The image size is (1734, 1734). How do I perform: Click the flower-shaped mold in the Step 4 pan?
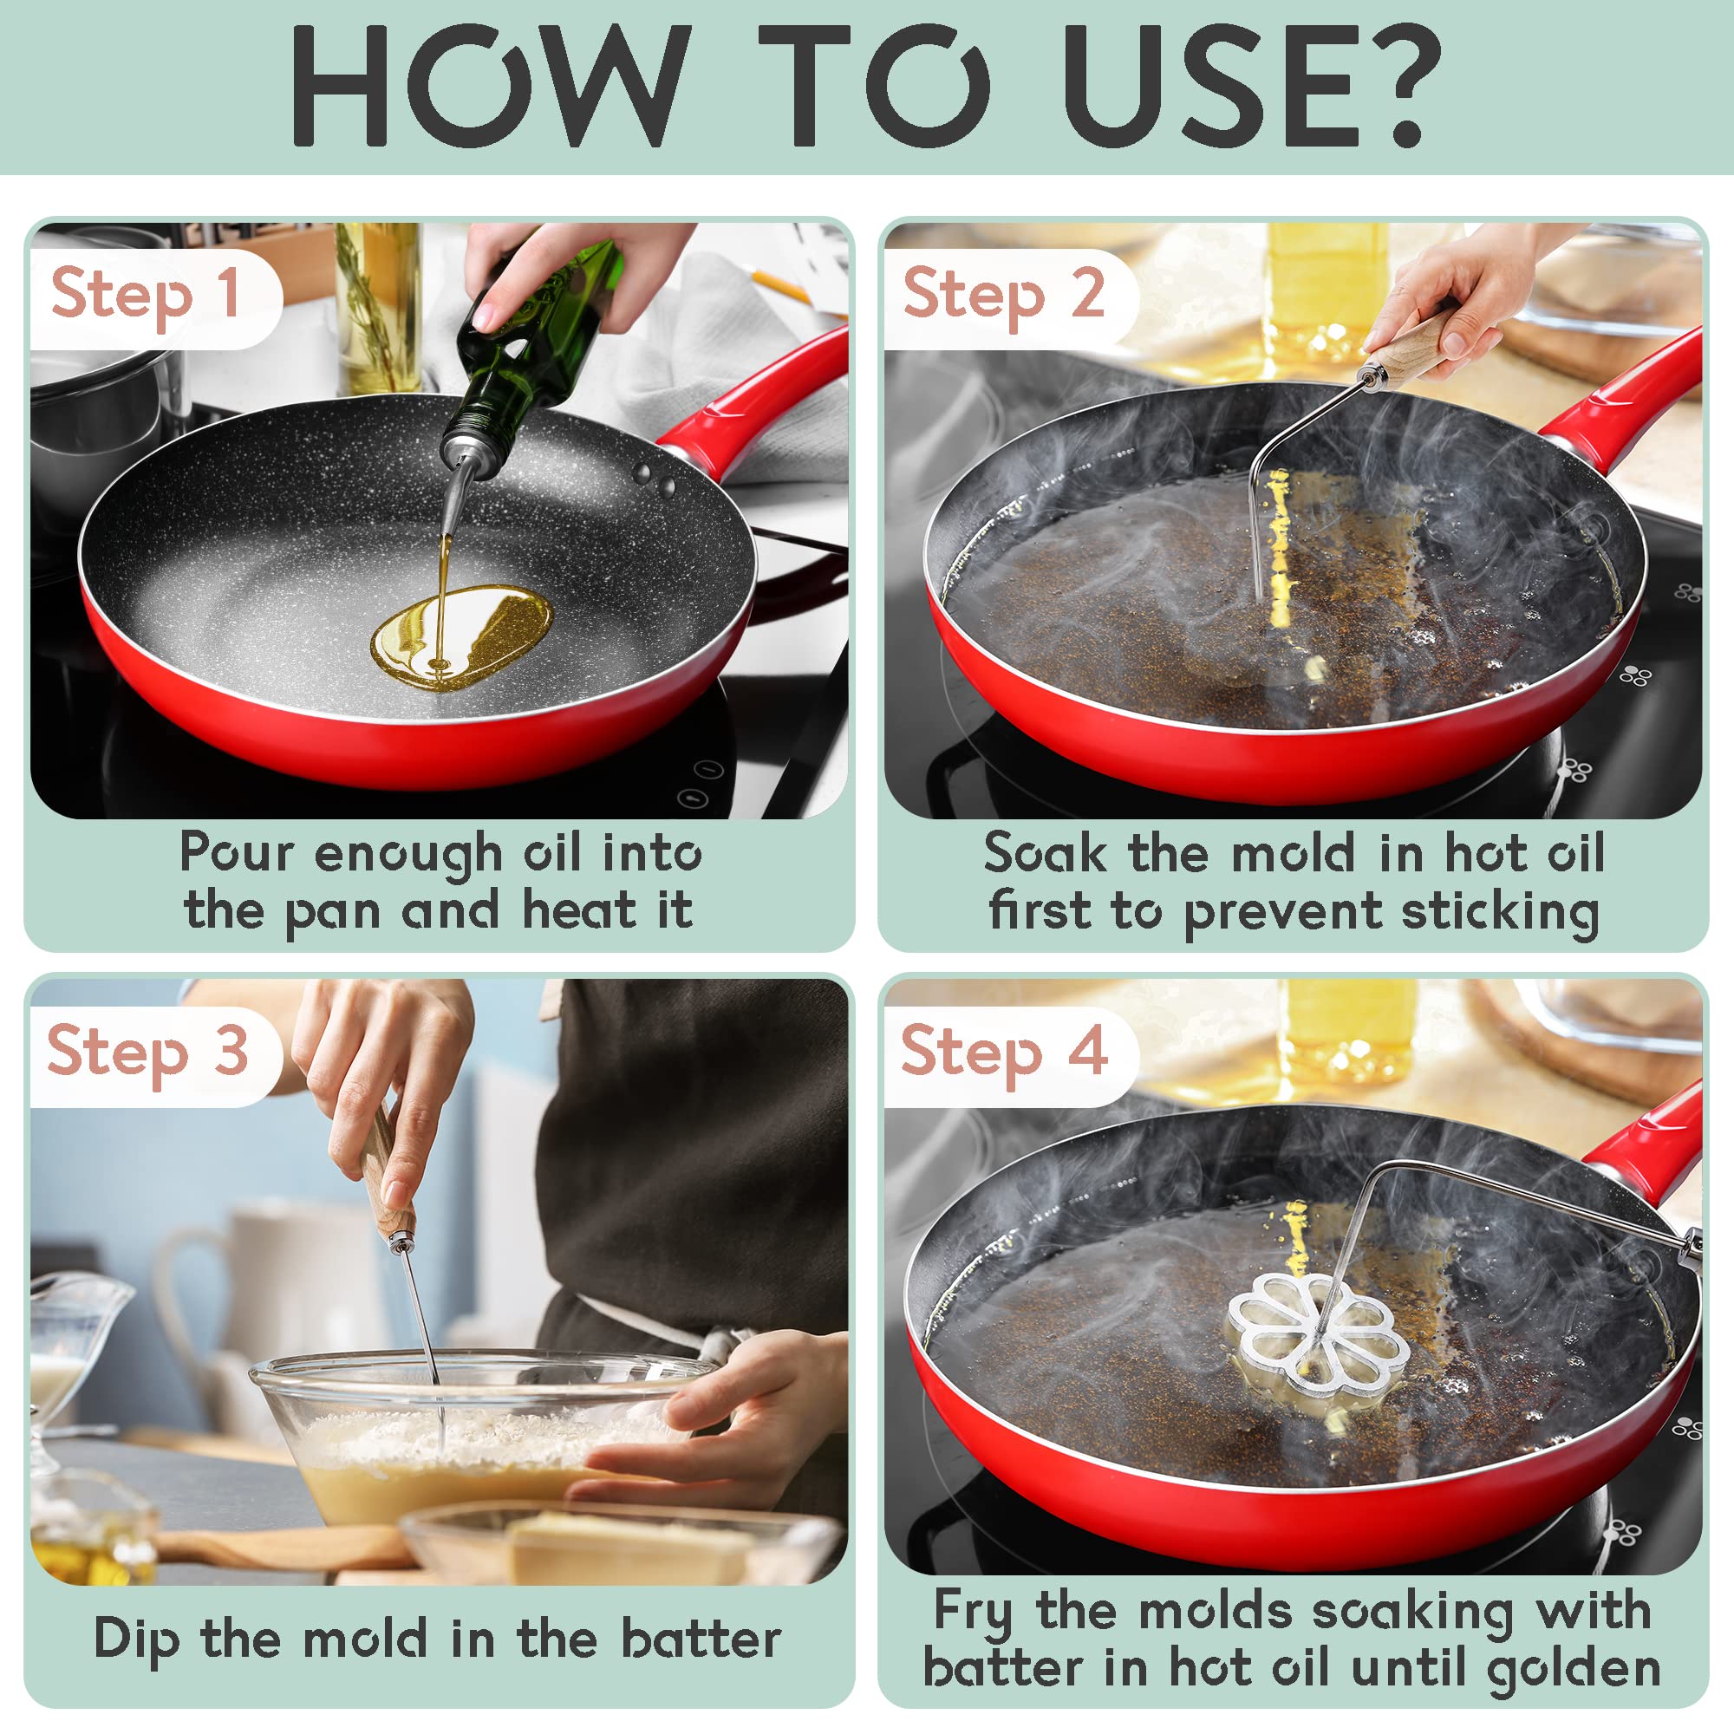pyautogui.click(x=1311, y=1343)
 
